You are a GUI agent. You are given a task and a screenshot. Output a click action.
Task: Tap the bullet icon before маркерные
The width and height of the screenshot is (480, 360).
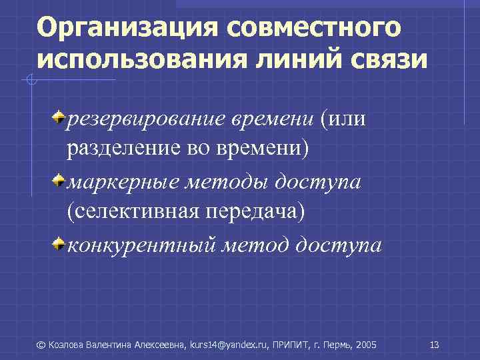pos(59,182)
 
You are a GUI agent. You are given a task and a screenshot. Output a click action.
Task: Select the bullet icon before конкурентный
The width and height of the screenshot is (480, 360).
pos(59,245)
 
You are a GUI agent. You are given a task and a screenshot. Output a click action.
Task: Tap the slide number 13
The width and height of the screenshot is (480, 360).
pos(435,345)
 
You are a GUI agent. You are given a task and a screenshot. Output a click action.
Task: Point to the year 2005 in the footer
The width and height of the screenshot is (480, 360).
pos(367,345)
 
